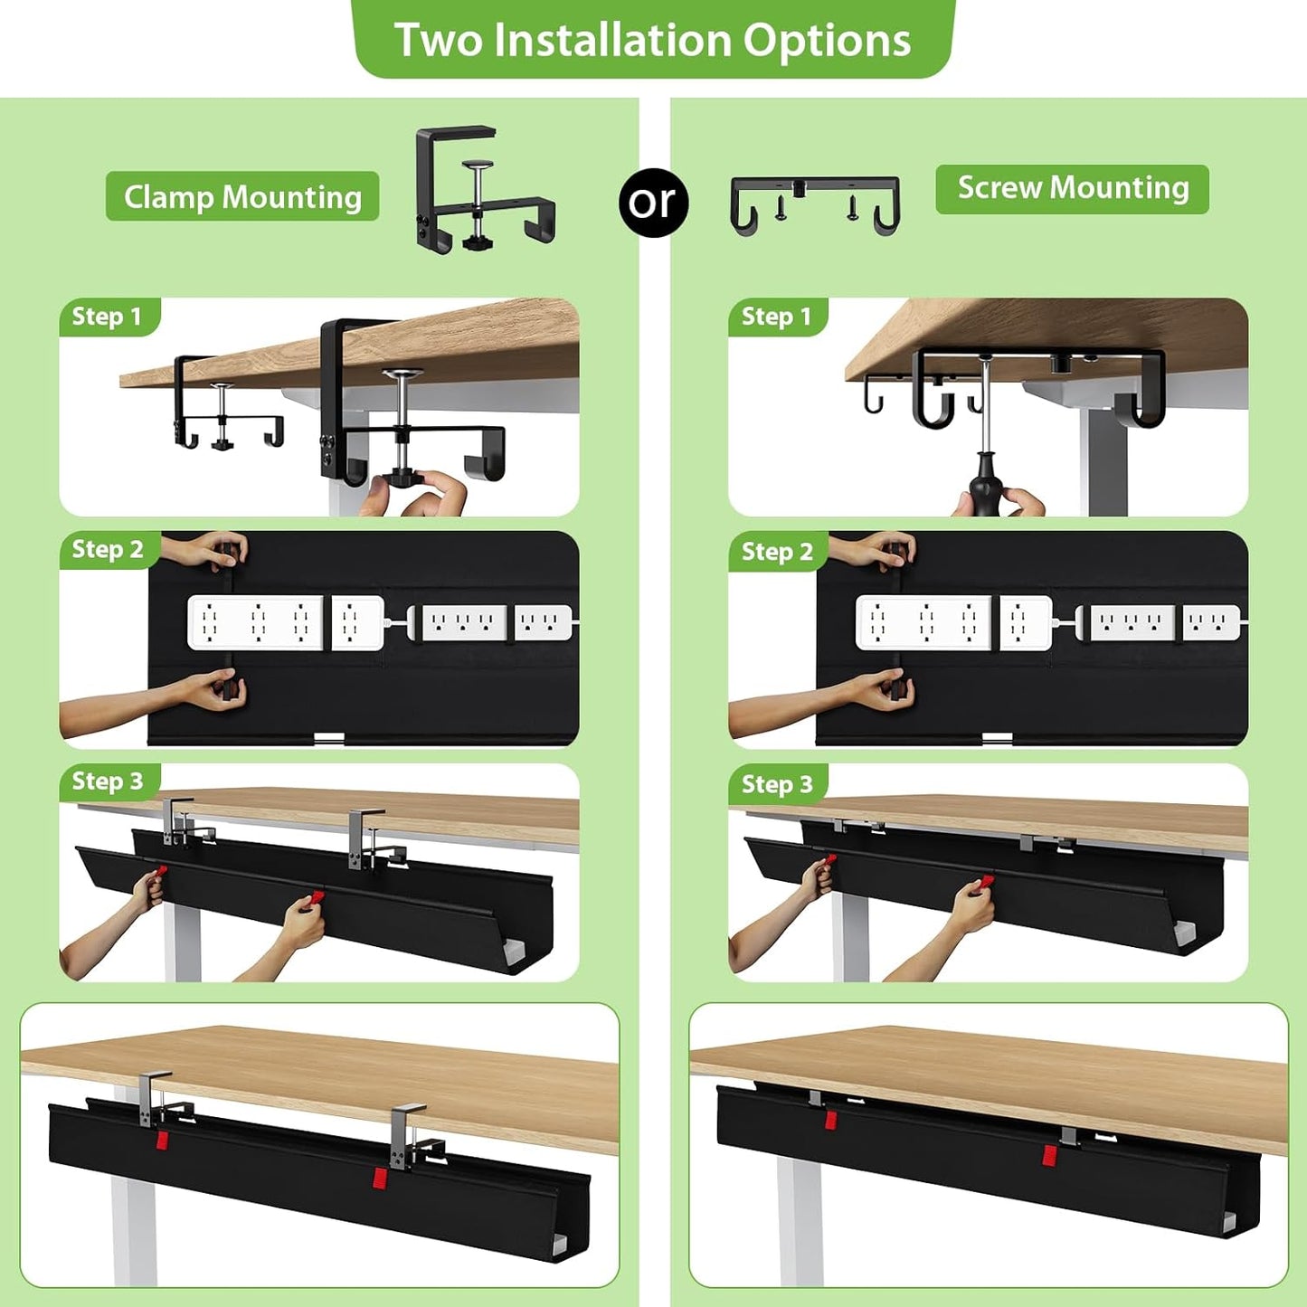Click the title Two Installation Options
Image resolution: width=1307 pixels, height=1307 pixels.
pos(652,40)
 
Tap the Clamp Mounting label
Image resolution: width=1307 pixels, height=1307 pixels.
pos(242,196)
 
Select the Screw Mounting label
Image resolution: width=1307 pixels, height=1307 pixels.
pos(1072,188)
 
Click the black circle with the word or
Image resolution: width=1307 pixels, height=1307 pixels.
pos(653,203)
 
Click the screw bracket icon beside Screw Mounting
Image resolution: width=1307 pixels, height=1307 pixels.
pos(814,204)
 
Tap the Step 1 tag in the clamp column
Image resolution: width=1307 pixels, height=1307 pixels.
pos(107,317)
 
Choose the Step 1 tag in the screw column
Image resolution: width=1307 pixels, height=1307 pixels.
pos(776,317)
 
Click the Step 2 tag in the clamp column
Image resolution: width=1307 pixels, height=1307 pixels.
pos(108,549)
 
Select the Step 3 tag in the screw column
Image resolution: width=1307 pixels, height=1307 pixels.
pos(777,784)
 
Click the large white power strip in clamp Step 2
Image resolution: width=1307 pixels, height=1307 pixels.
pos(255,622)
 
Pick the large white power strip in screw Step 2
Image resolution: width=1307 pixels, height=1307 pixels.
pos(923,622)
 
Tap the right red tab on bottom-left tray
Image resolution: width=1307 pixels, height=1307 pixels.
pos(380,1178)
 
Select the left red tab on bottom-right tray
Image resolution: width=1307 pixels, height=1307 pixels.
pos(829,1121)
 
